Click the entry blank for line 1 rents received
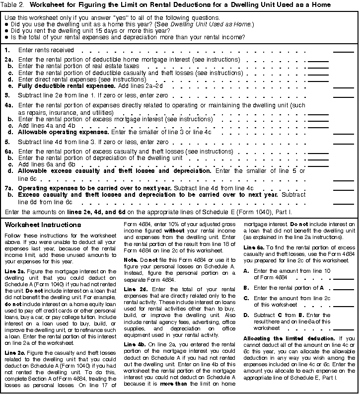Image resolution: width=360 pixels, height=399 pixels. tap(343, 51)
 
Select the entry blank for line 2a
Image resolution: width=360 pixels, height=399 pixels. tap(318, 61)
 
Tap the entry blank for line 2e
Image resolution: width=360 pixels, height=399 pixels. tap(343, 86)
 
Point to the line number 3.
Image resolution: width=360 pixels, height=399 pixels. tap(7, 94)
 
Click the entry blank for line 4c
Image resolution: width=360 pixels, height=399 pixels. tap(318, 127)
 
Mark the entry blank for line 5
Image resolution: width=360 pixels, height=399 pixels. tap(343, 143)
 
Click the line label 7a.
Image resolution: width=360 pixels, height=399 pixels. tap(9, 188)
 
